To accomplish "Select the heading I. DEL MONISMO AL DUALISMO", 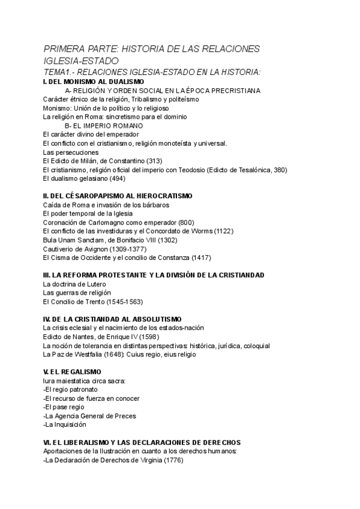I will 94,82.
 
